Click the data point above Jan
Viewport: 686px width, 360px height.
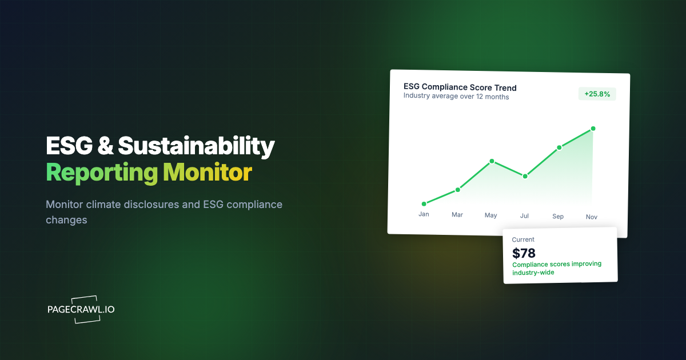(x=424, y=204)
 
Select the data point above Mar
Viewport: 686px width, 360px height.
(x=458, y=190)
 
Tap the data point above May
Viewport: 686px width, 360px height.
(x=492, y=161)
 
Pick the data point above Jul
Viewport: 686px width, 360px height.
(x=525, y=176)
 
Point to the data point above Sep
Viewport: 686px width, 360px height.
(x=559, y=147)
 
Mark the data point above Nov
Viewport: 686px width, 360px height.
(x=593, y=129)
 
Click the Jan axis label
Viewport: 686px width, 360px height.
(x=424, y=214)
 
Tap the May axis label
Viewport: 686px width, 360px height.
(x=490, y=215)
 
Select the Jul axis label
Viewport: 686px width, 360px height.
(x=524, y=216)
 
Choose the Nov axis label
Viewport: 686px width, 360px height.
(x=592, y=217)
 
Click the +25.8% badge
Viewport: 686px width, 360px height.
(x=597, y=93)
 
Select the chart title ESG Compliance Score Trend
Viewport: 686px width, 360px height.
(x=460, y=87)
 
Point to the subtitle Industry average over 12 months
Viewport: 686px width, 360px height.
(x=456, y=97)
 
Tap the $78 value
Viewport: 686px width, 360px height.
(x=524, y=253)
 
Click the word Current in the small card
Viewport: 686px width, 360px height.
(x=523, y=239)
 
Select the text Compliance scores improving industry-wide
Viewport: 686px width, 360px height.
(x=556, y=268)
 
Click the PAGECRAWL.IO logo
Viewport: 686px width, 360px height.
(x=81, y=309)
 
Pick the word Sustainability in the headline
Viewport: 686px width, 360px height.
(x=196, y=146)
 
